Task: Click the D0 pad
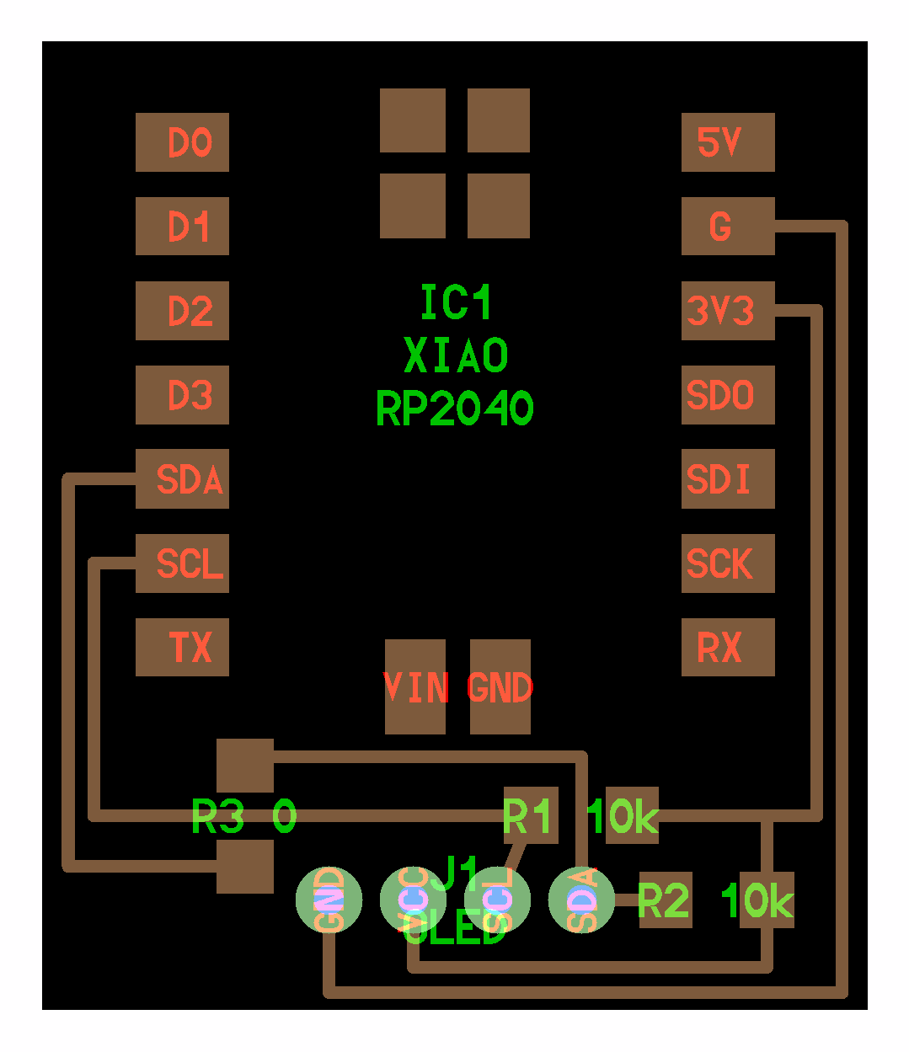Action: [x=182, y=142]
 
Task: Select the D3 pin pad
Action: [x=182, y=395]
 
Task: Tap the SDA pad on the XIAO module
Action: [x=182, y=479]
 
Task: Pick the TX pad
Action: [x=182, y=648]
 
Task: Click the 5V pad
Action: [x=728, y=142]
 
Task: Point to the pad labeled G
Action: [x=728, y=227]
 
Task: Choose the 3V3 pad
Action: [x=728, y=311]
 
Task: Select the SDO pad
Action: [x=728, y=395]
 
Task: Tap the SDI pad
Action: [x=728, y=479]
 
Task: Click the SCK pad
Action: [x=728, y=563]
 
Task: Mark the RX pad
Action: [x=728, y=648]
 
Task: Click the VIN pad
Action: [x=415, y=686]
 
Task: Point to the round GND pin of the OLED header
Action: [x=329, y=900]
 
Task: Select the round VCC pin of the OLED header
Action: [x=413, y=900]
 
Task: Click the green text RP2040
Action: [x=455, y=409]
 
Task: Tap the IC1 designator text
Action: [x=456, y=302]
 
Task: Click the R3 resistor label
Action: [x=218, y=816]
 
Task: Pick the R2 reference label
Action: [x=664, y=901]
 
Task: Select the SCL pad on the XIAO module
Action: [x=182, y=563]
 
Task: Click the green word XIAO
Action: [x=456, y=355]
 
